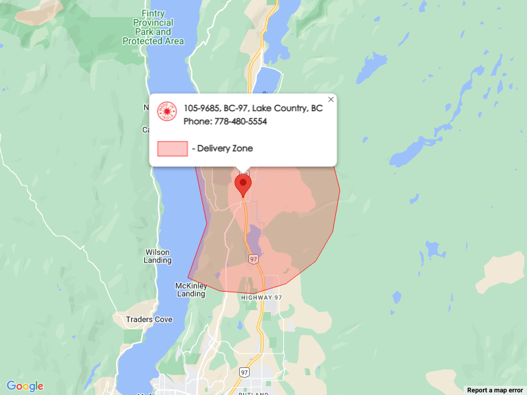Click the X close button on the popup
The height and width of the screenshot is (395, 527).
pos(331,99)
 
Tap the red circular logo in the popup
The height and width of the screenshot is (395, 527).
pos(167,111)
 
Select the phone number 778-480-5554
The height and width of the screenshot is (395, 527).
pos(240,122)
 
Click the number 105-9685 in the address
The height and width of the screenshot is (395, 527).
pos(202,108)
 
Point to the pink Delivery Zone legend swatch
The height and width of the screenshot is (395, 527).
pos(173,149)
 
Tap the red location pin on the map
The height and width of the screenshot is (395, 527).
pos(243,184)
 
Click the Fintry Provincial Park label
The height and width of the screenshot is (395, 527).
pos(153,27)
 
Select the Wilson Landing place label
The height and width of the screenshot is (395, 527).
pos(157,256)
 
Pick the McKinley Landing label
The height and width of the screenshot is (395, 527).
pos(191,290)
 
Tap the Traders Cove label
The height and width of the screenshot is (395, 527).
pos(149,319)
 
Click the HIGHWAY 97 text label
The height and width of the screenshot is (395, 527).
pos(261,298)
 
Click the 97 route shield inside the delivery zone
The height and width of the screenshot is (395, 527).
pos(254,259)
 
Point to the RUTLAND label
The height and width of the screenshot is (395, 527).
pos(253,393)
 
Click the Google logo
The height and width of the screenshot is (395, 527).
pos(25,386)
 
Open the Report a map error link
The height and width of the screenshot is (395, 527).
pos(495,390)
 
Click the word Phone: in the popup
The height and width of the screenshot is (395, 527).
pos(197,122)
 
